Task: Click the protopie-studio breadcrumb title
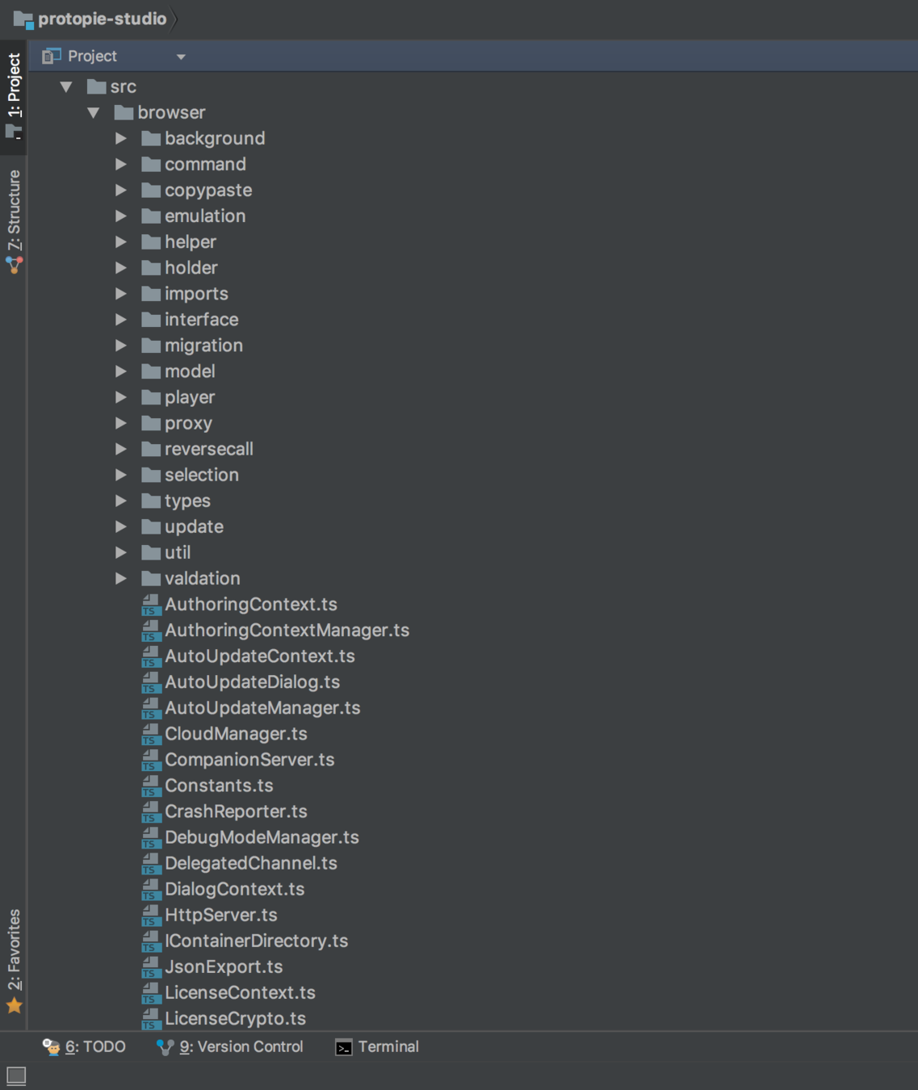pyautogui.click(x=102, y=19)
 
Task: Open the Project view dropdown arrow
pyautogui.click(x=181, y=57)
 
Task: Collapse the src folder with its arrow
pyautogui.click(x=66, y=86)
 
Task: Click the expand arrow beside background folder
pyautogui.click(x=120, y=139)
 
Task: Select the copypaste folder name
pyautogui.click(x=208, y=191)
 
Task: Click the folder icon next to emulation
pyautogui.click(x=151, y=216)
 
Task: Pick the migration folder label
pyautogui.click(x=203, y=346)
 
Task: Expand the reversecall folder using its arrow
pyautogui.click(x=120, y=449)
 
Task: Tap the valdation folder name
pyautogui.click(x=202, y=578)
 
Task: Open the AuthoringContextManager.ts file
pyautogui.click(x=287, y=630)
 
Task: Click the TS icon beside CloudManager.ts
pyautogui.click(x=151, y=734)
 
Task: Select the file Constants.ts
pyautogui.click(x=219, y=786)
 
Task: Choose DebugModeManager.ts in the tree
pyautogui.click(x=262, y=837)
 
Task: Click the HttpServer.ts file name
pyautogui.click(x=220, y=915)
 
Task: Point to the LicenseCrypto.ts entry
pyautogui.click(x=235, y=1018)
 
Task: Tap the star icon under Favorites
pyautogui.click(x=14, y=1005)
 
